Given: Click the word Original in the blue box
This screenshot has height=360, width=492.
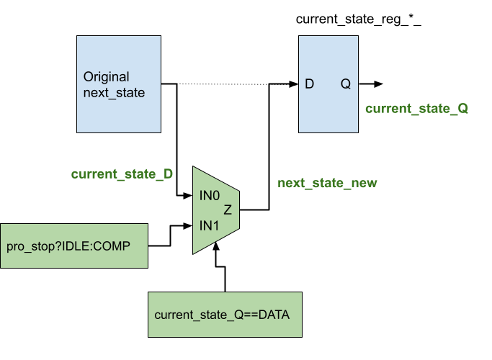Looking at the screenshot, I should click(x=106, y=77).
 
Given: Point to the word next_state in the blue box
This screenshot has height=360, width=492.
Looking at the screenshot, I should click(x=114, y=93).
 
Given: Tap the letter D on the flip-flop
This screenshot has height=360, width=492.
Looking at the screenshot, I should click(x=310, y=84).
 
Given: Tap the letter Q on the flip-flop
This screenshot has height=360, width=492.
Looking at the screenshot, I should click(x=346, y=84).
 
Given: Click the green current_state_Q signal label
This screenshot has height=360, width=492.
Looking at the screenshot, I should click(x=416, y=109).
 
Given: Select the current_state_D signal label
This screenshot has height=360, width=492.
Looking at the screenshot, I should click(x=122, y=174).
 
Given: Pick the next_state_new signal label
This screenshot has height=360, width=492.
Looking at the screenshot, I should click(x=327, y=183).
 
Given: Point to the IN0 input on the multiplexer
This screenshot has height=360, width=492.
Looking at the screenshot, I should click(x=210, y=195).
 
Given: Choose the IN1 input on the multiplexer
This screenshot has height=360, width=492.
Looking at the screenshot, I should click(x=209, y=226).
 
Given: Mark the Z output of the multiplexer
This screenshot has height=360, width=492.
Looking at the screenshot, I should click(x=228, y=210).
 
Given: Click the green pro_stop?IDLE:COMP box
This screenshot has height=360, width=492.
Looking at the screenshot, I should click(x=73, y=246).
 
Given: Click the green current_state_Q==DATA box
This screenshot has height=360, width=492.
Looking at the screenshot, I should click(x=225, y=315).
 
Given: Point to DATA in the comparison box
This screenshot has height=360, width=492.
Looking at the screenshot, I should click(x=274, y=315).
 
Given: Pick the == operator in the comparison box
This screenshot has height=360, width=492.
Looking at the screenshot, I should click(x=250, y=315).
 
